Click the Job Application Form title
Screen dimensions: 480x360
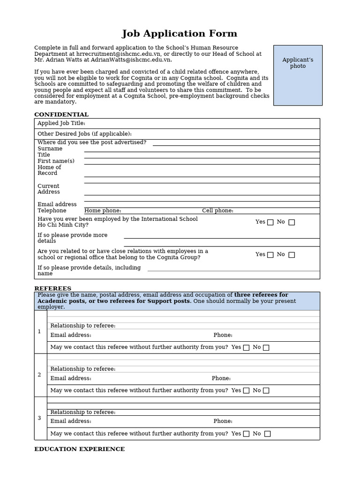(x=180, y=34)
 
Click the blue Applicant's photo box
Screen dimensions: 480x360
(x=298, y=75)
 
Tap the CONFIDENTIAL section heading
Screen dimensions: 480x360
(x=61, y=114)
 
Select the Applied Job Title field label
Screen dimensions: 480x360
(x=61, y=123)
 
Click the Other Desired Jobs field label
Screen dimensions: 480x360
(x=84, y=134)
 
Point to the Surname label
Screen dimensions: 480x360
(x=50, y=149)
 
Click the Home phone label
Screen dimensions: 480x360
(x=103, y=211)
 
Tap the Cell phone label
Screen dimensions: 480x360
(x=217, y=211)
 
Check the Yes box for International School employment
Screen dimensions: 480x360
(x=270, y=222)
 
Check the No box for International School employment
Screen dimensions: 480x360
(x=292, y=222)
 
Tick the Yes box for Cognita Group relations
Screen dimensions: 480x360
(x=270, y=255)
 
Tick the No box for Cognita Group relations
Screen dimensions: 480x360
(x=292, y=255)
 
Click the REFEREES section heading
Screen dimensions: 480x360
(x=53, y=288)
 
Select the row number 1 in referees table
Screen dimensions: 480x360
(x=39, y=332)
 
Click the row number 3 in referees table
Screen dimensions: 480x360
(x=39, y=418)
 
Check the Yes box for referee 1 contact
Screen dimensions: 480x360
(x=246, y=348)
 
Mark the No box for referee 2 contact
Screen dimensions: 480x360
(x=266, y=390)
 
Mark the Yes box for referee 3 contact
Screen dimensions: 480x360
(x=246, y=434)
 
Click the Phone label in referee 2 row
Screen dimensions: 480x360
(x=221, y=378)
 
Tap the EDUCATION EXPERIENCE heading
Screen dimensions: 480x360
(x=80, y=449)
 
